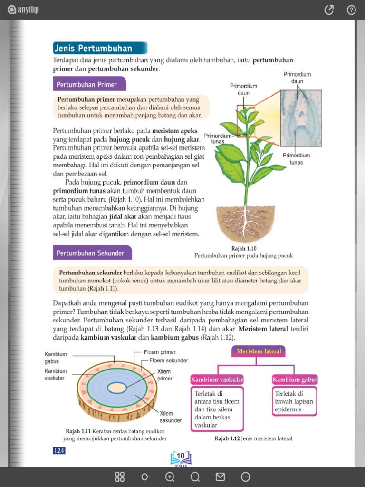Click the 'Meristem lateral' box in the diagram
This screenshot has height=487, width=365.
pos(259,351)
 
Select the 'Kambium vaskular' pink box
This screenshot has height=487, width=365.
pos(217,380)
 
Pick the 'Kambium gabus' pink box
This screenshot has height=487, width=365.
pos(295,380)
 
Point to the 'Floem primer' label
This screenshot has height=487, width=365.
pos(160,352)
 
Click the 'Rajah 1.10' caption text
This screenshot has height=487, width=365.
pos(243,249)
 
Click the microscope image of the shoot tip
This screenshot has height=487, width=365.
pos(301,118)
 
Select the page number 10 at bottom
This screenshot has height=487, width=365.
pos(181,456)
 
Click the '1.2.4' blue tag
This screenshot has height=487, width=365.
pos(59,451)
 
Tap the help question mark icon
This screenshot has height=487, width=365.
pos(351,10)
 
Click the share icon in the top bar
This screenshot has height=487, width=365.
pos(328,10)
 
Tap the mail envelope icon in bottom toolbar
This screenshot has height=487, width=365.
pos(220,477)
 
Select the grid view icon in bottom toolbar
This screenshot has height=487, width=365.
pos(120,477)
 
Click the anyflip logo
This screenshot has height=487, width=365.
pos(23,10)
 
